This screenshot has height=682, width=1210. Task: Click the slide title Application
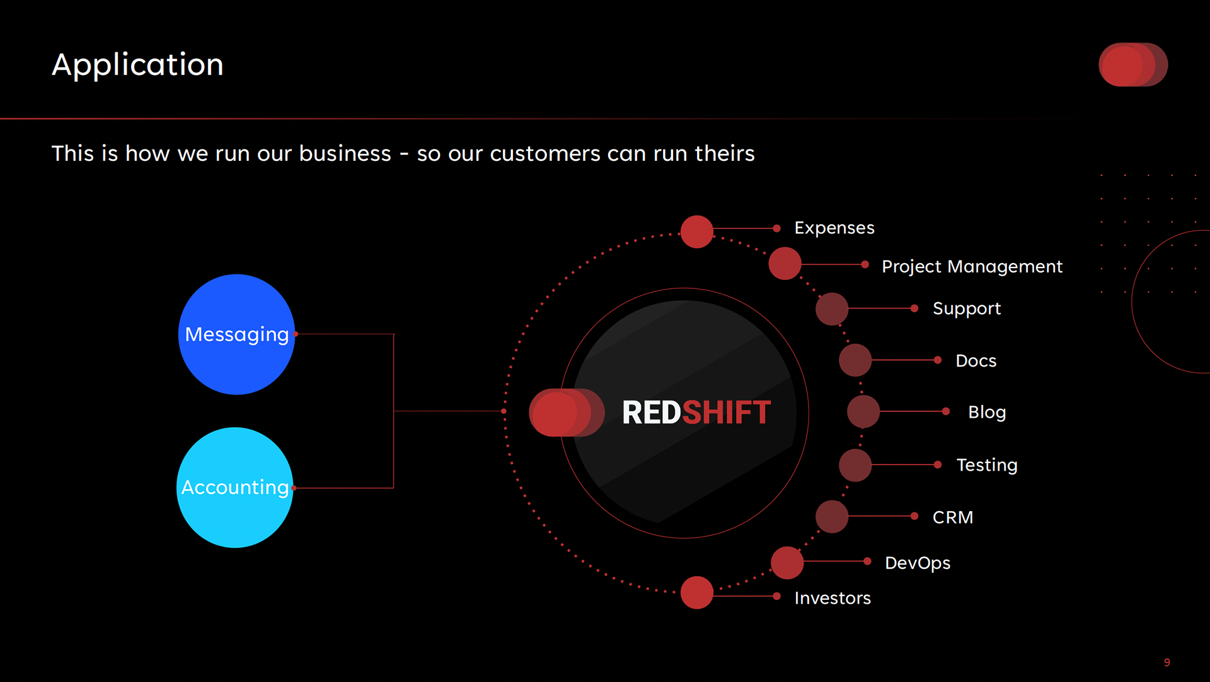click(137, 65)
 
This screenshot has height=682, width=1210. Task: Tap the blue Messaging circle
click(236, 334)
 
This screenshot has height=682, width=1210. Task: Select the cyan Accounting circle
click(235, 488)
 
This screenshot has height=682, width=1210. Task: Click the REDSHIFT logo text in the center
click(696, 413)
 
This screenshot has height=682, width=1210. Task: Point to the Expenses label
click(834, 228)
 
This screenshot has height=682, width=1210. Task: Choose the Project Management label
click(972, 266)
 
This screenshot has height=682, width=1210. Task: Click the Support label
click(966, 309)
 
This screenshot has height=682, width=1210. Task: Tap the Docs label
click(976, 361)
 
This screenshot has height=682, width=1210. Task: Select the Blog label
click(986, 412)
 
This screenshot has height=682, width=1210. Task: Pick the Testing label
click(986, 465)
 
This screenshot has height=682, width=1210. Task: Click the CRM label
click(952, 517)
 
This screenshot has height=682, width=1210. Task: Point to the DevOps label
click(917, 563)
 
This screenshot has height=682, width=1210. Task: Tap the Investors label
click(832, 598)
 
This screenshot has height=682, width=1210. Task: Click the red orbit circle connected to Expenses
click(696, 232)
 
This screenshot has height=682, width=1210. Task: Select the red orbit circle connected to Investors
click(696, 592)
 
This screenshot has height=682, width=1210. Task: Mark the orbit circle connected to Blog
click(863, 411)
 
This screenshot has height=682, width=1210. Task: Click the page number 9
click(1167, 662)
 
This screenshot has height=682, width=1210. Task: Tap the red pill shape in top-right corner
click(1132, 64)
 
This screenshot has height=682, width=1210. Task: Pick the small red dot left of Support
click(914, 309)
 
